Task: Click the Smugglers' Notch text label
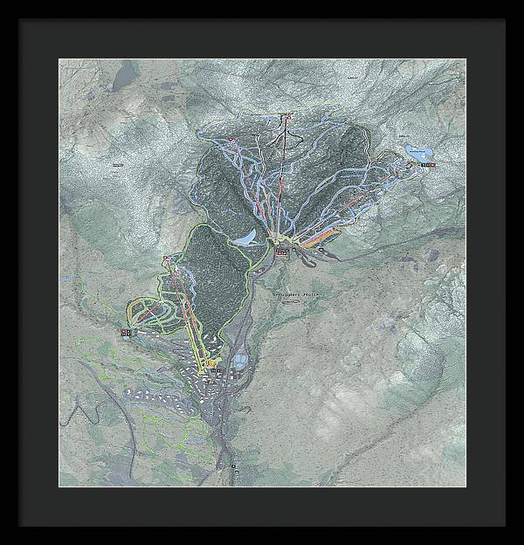[296, 295]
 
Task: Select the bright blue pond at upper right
[417, 149]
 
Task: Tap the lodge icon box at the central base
[281, 251]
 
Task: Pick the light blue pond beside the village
[239, 360]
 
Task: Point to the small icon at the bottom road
[234, 469]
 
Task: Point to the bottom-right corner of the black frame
[505, 525]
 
